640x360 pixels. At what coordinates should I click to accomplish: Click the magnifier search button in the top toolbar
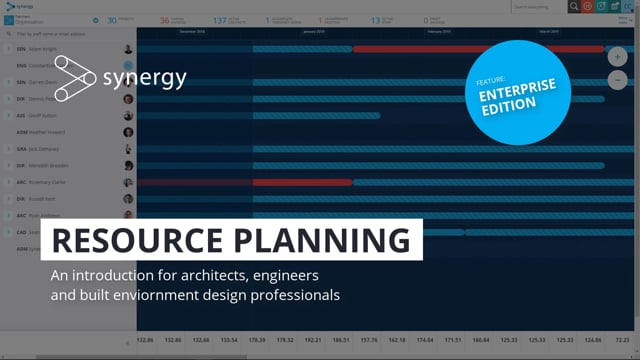pos(573,6)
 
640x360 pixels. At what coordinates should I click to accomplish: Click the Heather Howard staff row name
pos(45,132)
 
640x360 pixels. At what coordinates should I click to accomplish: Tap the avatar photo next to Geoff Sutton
pos(128,116)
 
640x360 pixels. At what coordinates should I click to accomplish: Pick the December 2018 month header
pos(192,31)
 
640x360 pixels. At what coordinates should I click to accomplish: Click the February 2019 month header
pos(439,31)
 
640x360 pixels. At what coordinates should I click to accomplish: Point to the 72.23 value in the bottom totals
pos(621,339)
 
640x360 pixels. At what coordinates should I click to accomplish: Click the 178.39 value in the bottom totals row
pos(258,339)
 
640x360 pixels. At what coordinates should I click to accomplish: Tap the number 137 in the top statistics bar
pos(219,19)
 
